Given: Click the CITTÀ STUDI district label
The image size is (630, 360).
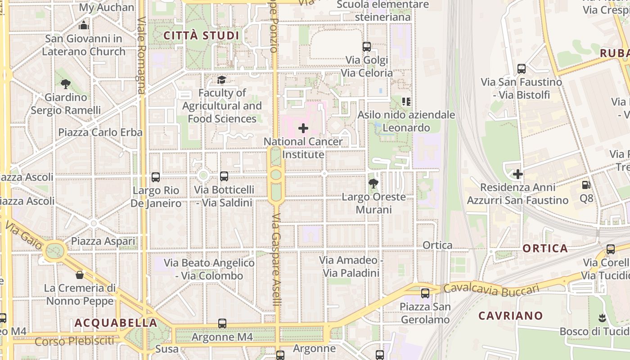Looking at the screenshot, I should click(201, 36).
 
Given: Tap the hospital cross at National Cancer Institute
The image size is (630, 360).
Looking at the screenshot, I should click(303, 128).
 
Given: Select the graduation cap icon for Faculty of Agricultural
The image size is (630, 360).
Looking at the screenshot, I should click(221, 80).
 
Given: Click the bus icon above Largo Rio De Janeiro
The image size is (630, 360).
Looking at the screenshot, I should click(156, 177).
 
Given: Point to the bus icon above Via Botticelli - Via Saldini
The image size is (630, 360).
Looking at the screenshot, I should click(224, 176).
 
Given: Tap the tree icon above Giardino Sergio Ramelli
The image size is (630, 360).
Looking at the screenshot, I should click(66, 84).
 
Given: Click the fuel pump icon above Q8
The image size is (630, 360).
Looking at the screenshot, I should click(586, 184).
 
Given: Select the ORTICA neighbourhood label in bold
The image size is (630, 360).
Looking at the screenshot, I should click(545, 248).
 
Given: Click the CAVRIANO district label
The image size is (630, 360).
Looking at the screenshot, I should click(510, 315).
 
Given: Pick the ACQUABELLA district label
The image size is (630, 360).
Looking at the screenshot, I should click(116, 323).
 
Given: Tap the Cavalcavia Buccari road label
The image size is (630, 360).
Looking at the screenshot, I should click(491, 289).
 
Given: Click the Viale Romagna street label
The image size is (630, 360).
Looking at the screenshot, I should click(142, 55).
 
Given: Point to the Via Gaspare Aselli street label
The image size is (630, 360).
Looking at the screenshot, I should click(276, 260).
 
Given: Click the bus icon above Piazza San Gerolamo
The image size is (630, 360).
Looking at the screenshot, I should click(425, 293).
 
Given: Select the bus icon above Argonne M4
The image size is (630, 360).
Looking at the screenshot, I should click(222, 323).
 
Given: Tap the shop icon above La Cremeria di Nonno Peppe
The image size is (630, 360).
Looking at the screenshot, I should click(80, 274).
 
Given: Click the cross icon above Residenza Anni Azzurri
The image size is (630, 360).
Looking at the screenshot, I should click(518, 174).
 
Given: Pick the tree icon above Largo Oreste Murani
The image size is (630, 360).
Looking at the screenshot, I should click(373, 183).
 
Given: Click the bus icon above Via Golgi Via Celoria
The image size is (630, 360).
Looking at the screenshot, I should click(367, 46).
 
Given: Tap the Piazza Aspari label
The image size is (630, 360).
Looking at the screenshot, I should click(103, 241).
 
